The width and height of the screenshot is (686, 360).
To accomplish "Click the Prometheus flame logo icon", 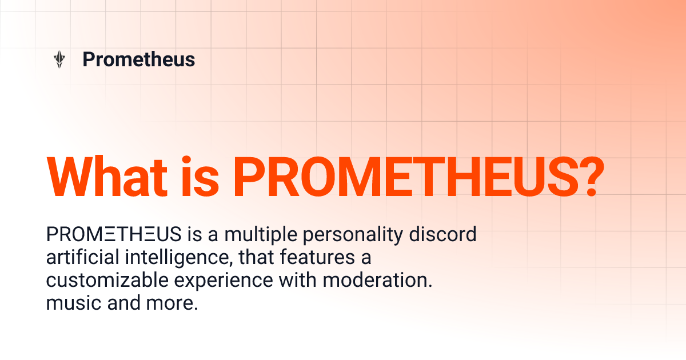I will pos(59,59).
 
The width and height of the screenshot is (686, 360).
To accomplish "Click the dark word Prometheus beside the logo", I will pos(139,59).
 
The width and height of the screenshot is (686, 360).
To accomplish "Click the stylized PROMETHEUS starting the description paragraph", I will pos(114,234).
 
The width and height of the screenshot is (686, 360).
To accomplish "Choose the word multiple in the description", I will pos(255,234).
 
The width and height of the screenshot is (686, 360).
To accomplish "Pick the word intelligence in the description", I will pos(178,258).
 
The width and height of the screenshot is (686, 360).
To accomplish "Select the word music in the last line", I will pos(73,303).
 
